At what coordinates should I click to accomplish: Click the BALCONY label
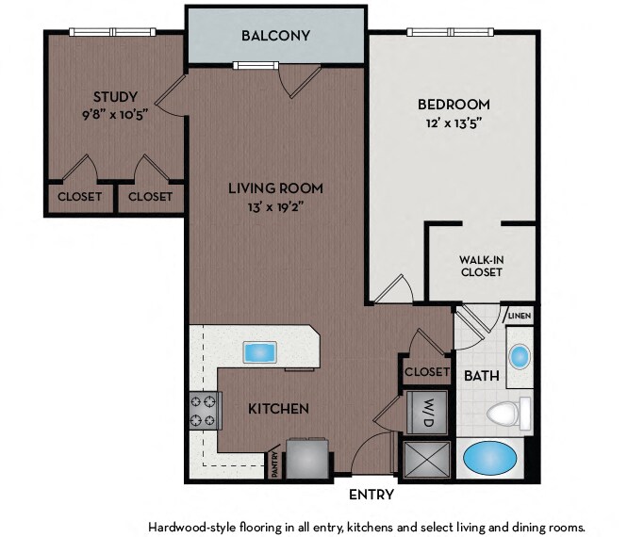pos(275,36)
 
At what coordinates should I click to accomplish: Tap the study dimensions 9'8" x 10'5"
pos(115,114)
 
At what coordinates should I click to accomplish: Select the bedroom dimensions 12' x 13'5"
pos(454,122)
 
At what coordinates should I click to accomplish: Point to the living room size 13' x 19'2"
pos(275,207)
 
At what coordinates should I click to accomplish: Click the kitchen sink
pos(259,352)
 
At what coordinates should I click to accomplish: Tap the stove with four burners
pos(205,411)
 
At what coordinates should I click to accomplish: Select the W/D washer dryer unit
pos(427,413)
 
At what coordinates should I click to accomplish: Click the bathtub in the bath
pos(490,458)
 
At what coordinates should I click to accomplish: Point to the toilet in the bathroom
pos(509,414)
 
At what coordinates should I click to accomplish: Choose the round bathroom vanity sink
pos(520,356)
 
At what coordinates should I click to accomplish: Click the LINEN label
pos(520,317)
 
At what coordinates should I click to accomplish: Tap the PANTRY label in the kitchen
pos(275,464)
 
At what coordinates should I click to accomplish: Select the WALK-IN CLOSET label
pos(482,266)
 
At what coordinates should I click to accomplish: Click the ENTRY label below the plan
pos(372,495)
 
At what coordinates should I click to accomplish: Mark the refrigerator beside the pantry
pos(307,458)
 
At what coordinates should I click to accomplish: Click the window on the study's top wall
pos(112,32)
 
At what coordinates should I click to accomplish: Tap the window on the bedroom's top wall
pos(450,32)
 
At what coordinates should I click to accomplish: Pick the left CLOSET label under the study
pos(80,197)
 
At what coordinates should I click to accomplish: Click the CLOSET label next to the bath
pos(427,372)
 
